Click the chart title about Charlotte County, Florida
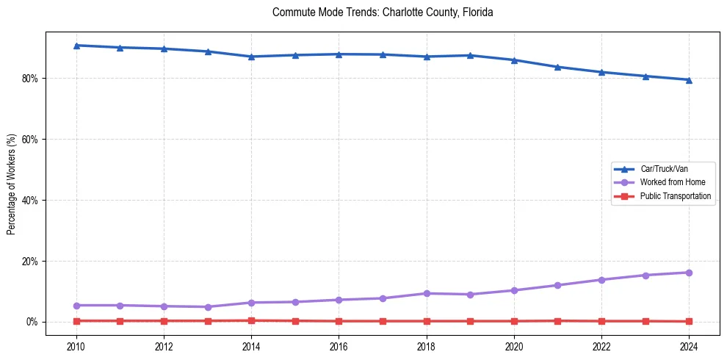tap(382, 12)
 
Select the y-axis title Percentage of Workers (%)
tap(11, 184)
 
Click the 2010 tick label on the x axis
tap(76, 346)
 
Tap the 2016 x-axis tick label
tap(339, 346)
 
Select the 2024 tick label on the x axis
tap(689, 346)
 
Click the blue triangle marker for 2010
tap(76, 46)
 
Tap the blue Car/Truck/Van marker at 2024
tap(689, 80)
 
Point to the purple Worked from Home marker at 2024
tap(689, 273)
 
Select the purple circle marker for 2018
tap(427, 293)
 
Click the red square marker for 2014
tap(251, 320)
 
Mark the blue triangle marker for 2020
tap(514, 60)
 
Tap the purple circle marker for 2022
tap(601, 280)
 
